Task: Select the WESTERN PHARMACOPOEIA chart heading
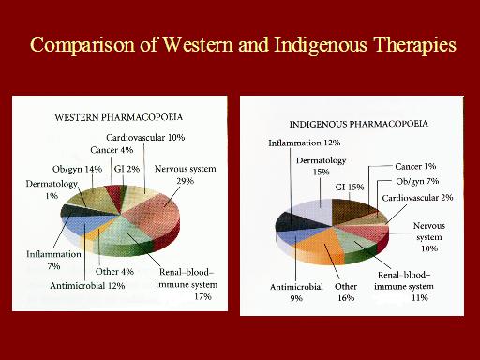click(x=119, y=117)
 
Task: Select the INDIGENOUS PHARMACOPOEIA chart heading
click(x=358, y=124)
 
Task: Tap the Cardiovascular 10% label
click(x=145, y=137)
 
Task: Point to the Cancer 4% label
click(x=112, y=150)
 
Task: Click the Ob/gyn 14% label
click(x=77, y=169)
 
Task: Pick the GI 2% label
click(x=127, y=169)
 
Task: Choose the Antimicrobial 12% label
click(x=87, y=285)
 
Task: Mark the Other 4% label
click(x=114, y=271)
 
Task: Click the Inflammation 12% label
click(x=305, y=142)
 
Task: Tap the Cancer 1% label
click(x=415, y=166)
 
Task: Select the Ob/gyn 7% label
click(x=417, y=181)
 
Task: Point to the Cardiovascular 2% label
click(x=417, y=198)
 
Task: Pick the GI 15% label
click(x=350, y=187)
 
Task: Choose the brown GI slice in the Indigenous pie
click(x=353, y=210)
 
